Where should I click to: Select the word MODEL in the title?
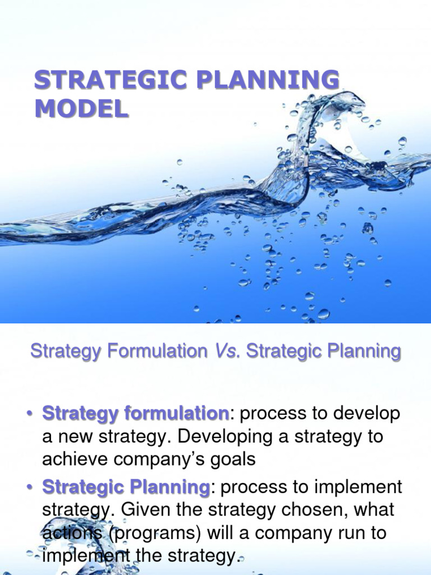pyautogui.click(x=81, y=107)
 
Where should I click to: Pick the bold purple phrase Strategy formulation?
pyautogui.click(x=135, y=414)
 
